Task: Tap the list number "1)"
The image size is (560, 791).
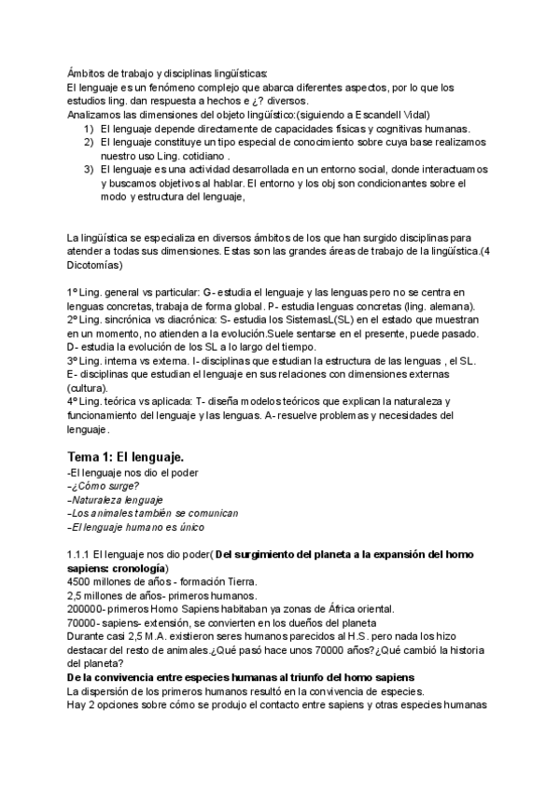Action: tap(89, 128)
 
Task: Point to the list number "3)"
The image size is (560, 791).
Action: tap(89, 170)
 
